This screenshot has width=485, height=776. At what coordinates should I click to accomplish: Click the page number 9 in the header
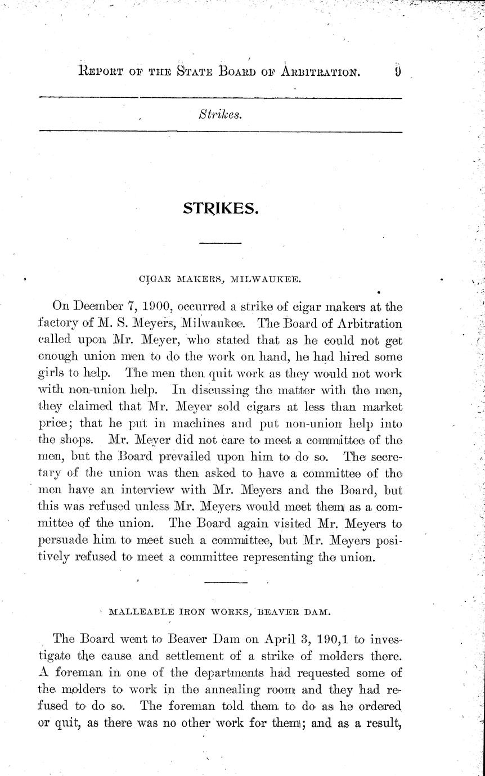click(x=397, y=72)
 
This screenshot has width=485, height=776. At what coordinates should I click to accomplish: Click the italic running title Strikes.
click(x=220, y=115)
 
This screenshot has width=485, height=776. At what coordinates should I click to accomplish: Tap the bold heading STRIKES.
click(x=221, y=208)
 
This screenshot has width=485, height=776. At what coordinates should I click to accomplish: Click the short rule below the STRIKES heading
click(x=221, y=243)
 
